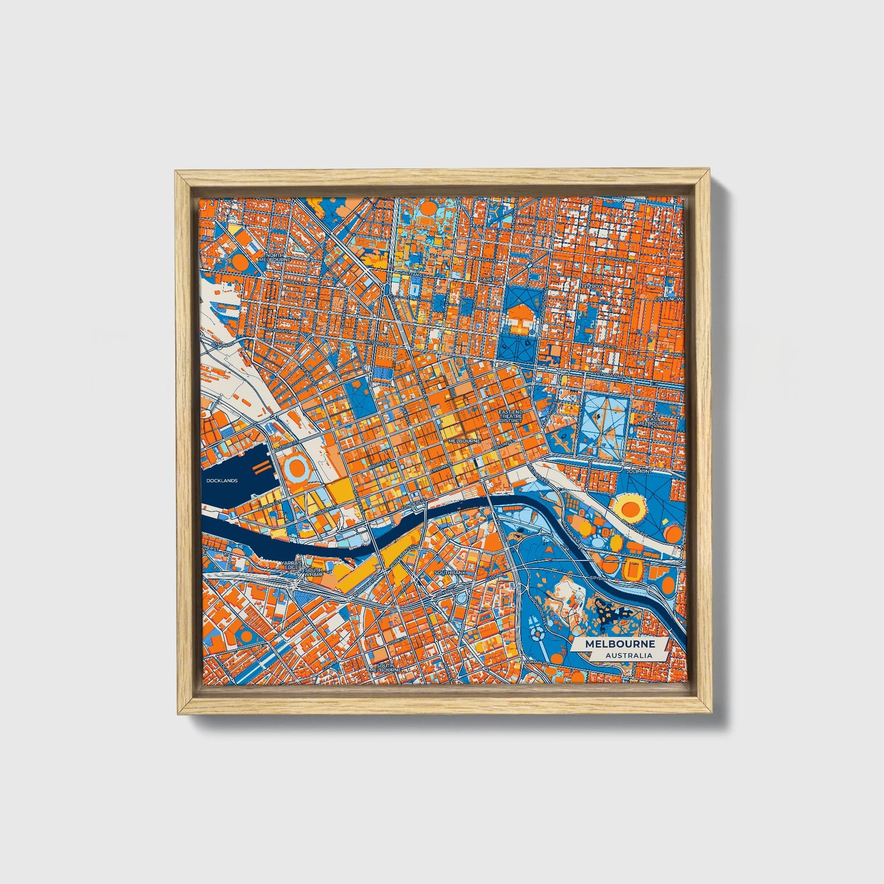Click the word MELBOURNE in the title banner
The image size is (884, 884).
[x=619, y=644]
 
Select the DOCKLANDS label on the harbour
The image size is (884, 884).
[x=221, y=481]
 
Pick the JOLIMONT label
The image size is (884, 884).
[x=639, y=472]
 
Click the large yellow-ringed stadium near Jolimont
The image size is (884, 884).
[x=630, y=507]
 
